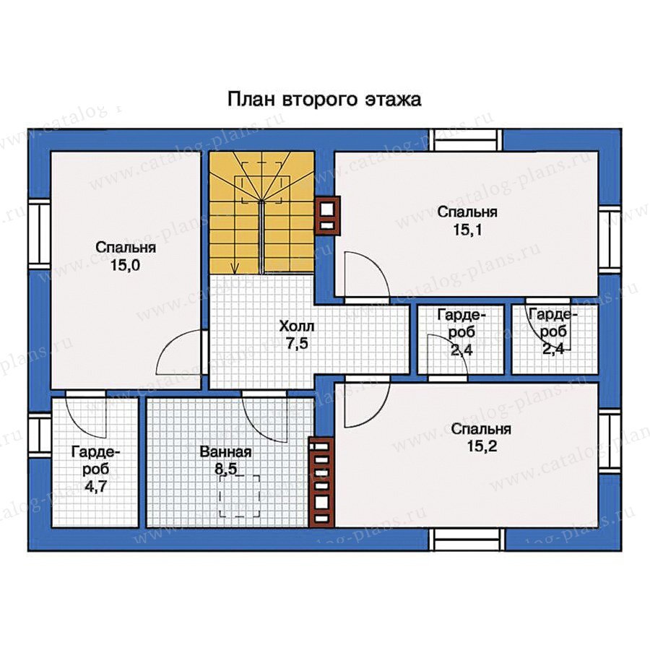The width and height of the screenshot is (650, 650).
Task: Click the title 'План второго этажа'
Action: point(324,100)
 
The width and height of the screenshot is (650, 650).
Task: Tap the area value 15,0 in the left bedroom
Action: point(125,265)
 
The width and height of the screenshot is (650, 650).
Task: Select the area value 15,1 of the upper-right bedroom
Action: point(467,230)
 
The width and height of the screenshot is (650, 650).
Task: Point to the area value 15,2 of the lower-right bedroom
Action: point(482,446)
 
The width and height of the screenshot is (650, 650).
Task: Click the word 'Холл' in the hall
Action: point(297,326)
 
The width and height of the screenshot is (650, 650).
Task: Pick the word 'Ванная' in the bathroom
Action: point(225,451)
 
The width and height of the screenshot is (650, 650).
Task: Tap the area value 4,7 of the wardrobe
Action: point(95,486)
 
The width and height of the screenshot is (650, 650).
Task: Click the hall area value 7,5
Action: point(298,344)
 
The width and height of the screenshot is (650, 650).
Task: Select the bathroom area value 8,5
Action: point(225,469)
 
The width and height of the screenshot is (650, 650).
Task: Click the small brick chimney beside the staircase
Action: point(327,215)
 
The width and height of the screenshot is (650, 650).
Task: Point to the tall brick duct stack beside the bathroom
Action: point(321,482)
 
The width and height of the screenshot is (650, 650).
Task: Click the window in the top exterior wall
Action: point(466,139)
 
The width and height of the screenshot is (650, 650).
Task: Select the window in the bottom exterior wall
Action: point(467,539)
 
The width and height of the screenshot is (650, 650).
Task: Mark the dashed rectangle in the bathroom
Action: point(240,496)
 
